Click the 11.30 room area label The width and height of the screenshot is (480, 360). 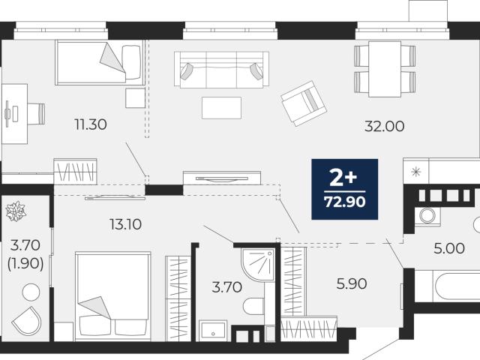tap(91, 124)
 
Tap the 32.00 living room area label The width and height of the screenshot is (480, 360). tap(384, 126)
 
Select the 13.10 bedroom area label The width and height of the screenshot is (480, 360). tap(125, 224)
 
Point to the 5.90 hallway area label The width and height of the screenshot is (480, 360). tap(352, 283)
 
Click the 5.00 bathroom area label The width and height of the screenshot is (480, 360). tap(449, 248)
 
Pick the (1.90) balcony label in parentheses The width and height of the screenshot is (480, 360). tap(25, 263)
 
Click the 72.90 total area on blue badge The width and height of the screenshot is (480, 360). tap(345, 202)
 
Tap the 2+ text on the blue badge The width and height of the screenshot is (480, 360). tap(343, 178)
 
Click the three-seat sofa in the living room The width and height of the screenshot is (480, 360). tap(221, 69)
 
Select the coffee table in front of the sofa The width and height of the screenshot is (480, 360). tap(221, 108)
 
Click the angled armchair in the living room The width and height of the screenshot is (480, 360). tap(304, 103)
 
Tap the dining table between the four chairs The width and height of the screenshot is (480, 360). tap(385, 69)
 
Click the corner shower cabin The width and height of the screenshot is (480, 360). tap(257, 264)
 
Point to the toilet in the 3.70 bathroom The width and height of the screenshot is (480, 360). tap(253, 306)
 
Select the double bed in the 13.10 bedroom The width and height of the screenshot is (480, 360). tap(113, 296)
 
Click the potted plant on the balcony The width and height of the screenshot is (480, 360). tap(16, 211)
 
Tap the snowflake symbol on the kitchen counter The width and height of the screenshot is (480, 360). tap(416, 172)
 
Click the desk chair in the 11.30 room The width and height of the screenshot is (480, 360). tap(37, 114)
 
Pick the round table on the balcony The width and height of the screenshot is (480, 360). tap(31, 292)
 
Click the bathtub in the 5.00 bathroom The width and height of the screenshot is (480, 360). tap(457, 286)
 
